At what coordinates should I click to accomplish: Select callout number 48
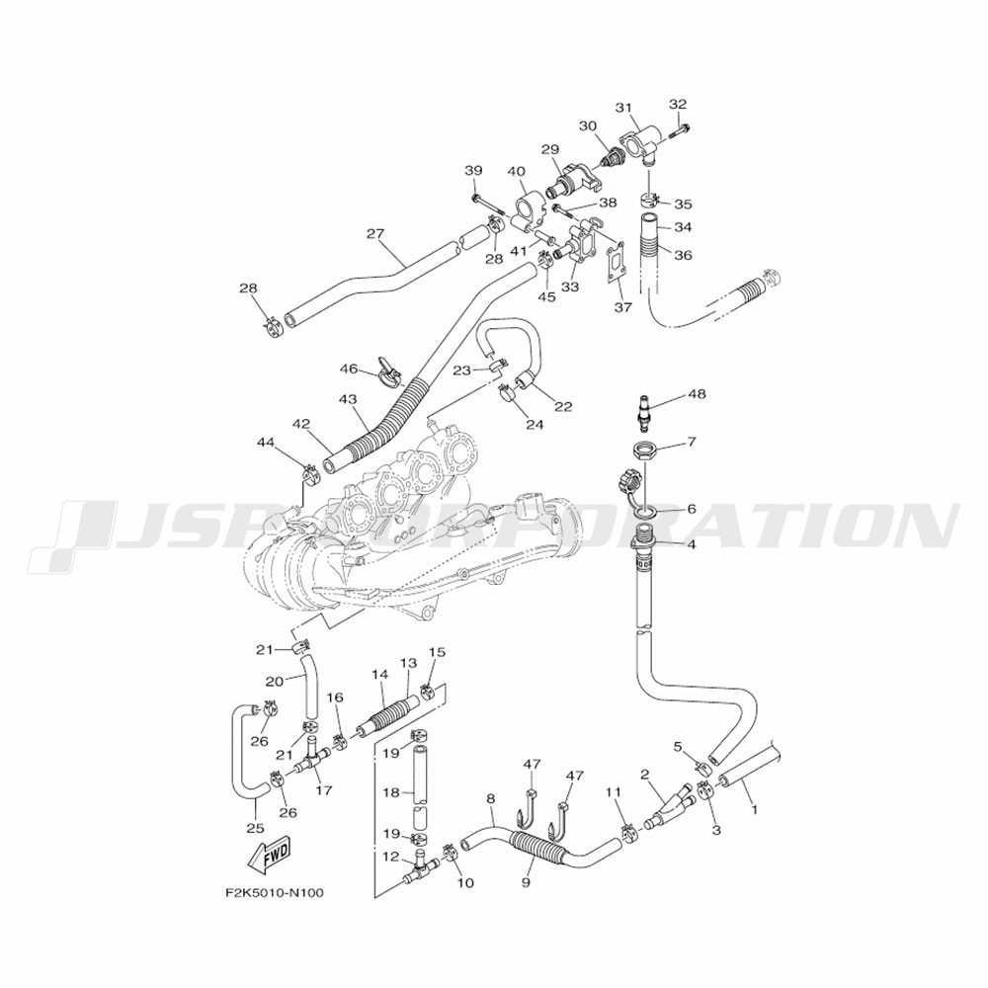point(697,394)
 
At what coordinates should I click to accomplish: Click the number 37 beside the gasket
point(623,307)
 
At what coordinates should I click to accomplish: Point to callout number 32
point(678,104)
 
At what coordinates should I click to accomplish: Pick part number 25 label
point(255,828)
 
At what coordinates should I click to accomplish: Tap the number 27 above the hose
point(375,234)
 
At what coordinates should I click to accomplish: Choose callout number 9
point(526,882)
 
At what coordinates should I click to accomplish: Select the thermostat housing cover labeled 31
point(639,141)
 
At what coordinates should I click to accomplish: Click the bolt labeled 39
point(485,205)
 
